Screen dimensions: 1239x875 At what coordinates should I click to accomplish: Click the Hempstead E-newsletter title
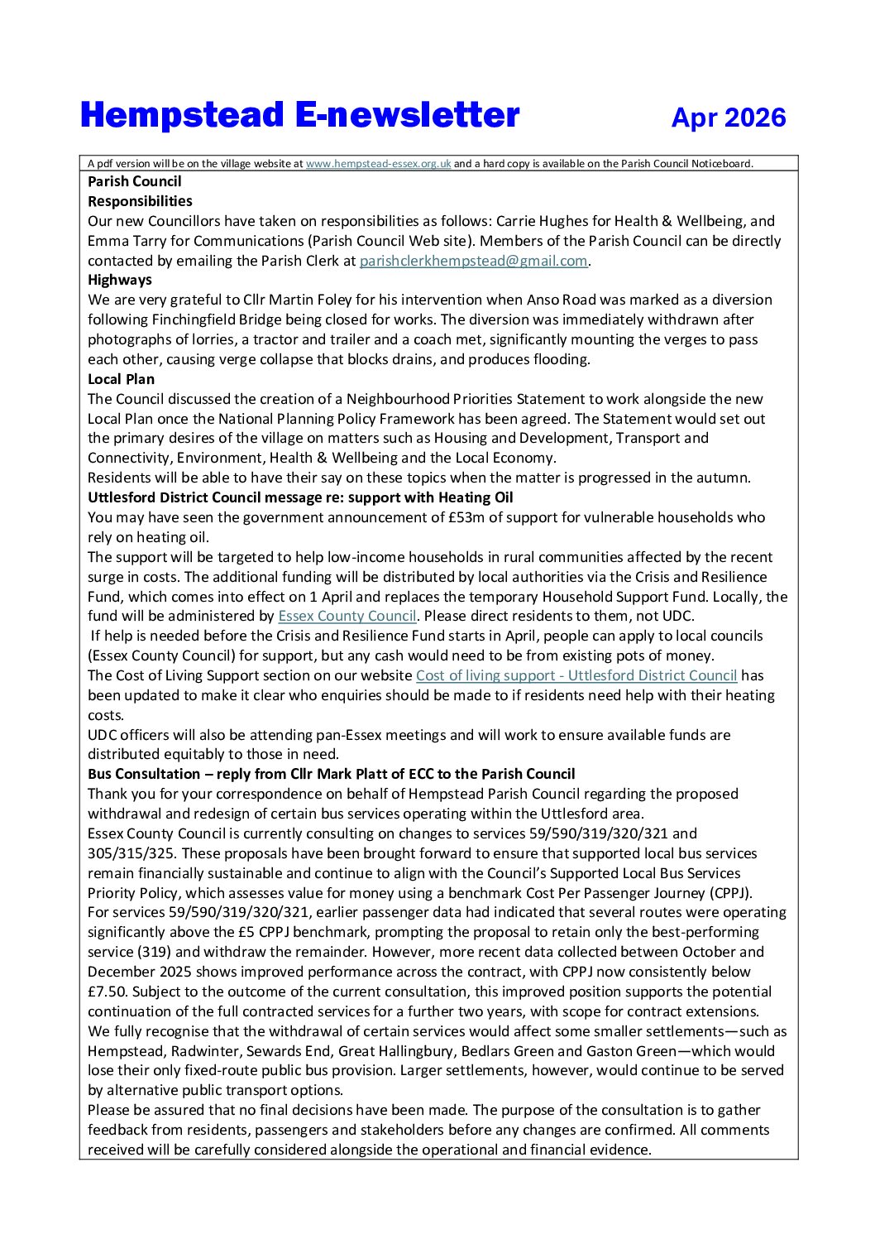tap(299, 115)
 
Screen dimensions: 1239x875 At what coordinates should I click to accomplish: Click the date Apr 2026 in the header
tap(728, 118)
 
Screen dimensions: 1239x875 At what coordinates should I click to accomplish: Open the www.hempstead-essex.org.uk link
tap(378, 164)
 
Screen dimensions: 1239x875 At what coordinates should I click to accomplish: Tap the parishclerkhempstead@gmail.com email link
tap(473, 261)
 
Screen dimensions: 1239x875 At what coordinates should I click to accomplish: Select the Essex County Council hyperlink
tap(347, 616)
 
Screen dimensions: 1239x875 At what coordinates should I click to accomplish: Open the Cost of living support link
tap(576, 675)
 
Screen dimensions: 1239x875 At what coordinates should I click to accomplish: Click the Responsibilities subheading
tap(140, 201)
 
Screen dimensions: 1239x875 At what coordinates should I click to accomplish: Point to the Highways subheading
tap(120, 280)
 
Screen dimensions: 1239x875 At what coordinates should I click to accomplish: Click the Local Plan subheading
tap(121, 379)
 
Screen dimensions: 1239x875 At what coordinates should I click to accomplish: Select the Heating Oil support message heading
tap(300, 497)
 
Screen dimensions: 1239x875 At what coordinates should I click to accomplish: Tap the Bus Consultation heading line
tap(331, 774)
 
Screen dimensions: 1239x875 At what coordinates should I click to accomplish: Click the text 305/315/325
tap(125, 853)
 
